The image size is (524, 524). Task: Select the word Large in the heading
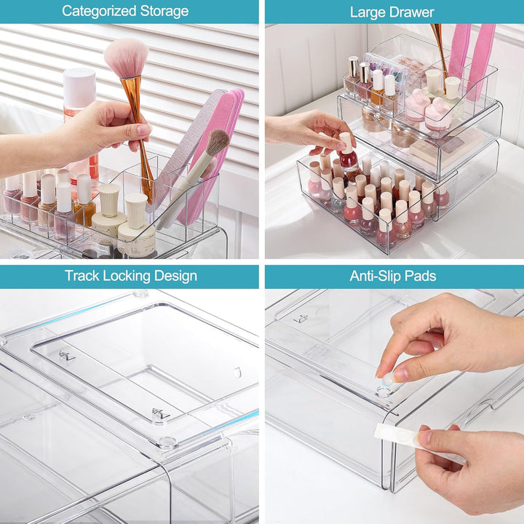tap(368, 12)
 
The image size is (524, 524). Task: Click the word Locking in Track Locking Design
tap(127, 276)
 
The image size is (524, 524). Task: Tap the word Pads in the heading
tap(420, 276)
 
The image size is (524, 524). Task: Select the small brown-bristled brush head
tap(216, 143)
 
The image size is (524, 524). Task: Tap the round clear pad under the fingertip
tap(384, 392)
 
